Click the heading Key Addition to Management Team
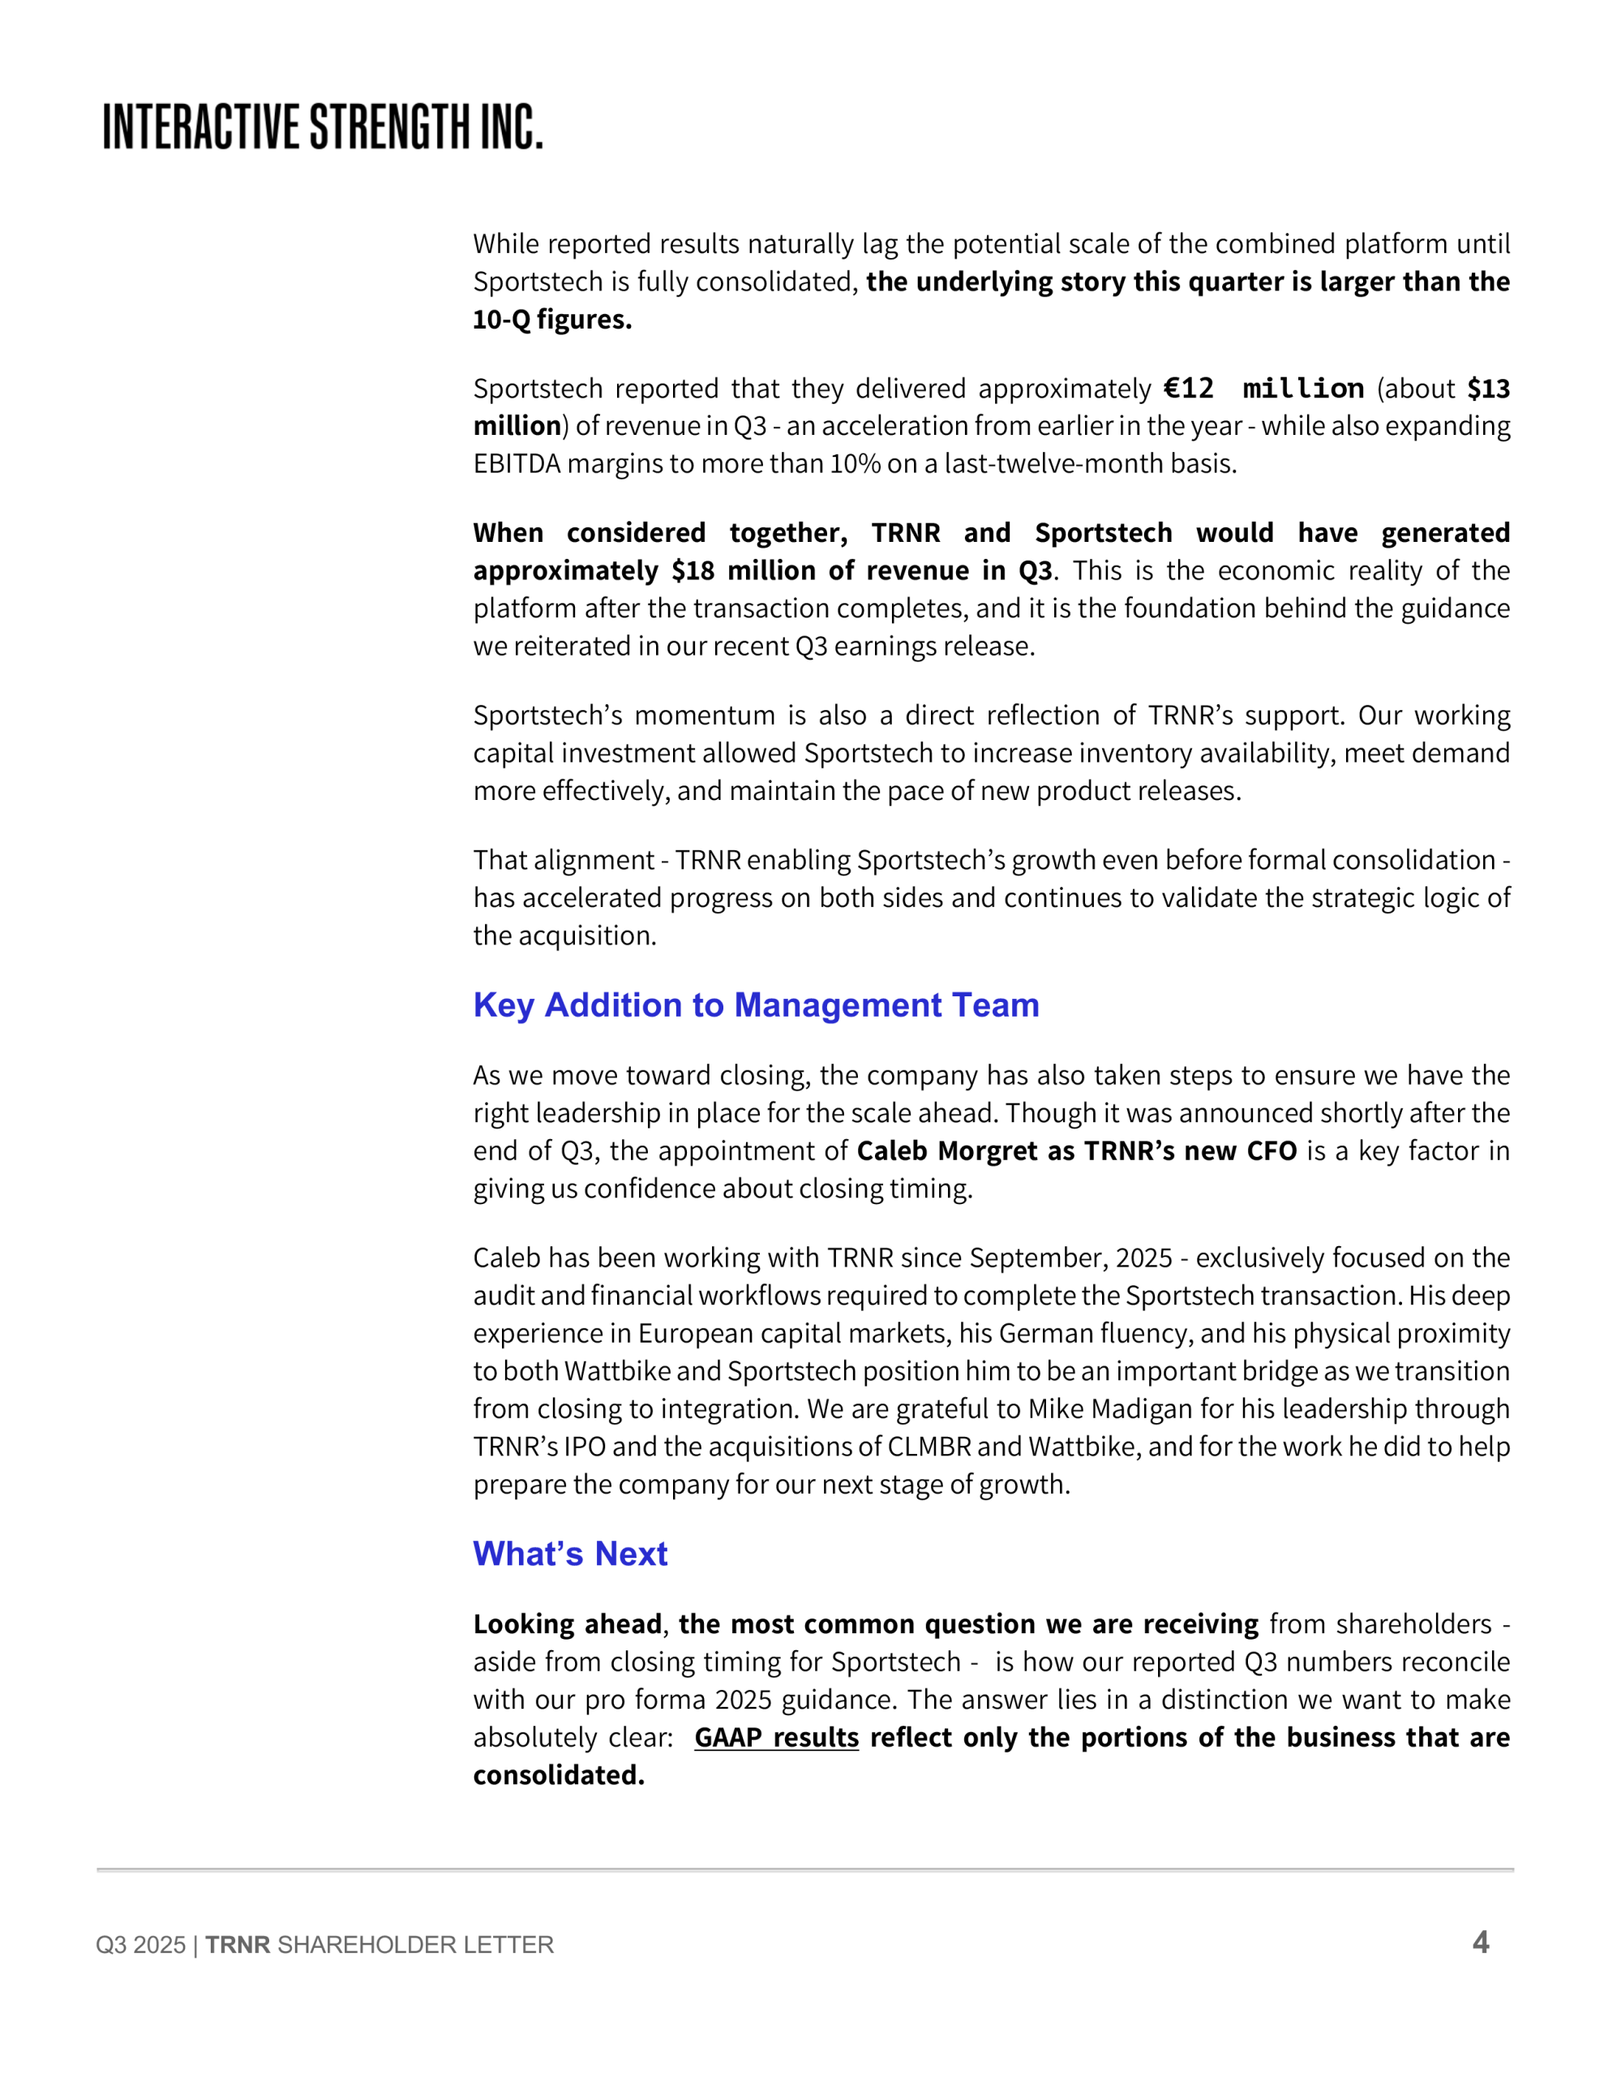click(x=756, y=1005)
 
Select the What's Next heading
click(x=570, y=1554)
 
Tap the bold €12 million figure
click(x=1263, y=388)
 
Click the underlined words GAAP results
click(x=776, y=1738)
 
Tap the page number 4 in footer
click(x=1481, y=1942)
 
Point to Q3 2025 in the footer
click(x=141, y=1945)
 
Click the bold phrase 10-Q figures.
click(x=552, y=320)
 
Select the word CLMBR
click(x=929, y=1447)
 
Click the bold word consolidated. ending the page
click(x=559, y=1775)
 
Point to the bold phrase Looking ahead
click(x=568, y=1624)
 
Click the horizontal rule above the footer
click(x=804, y=1869)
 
